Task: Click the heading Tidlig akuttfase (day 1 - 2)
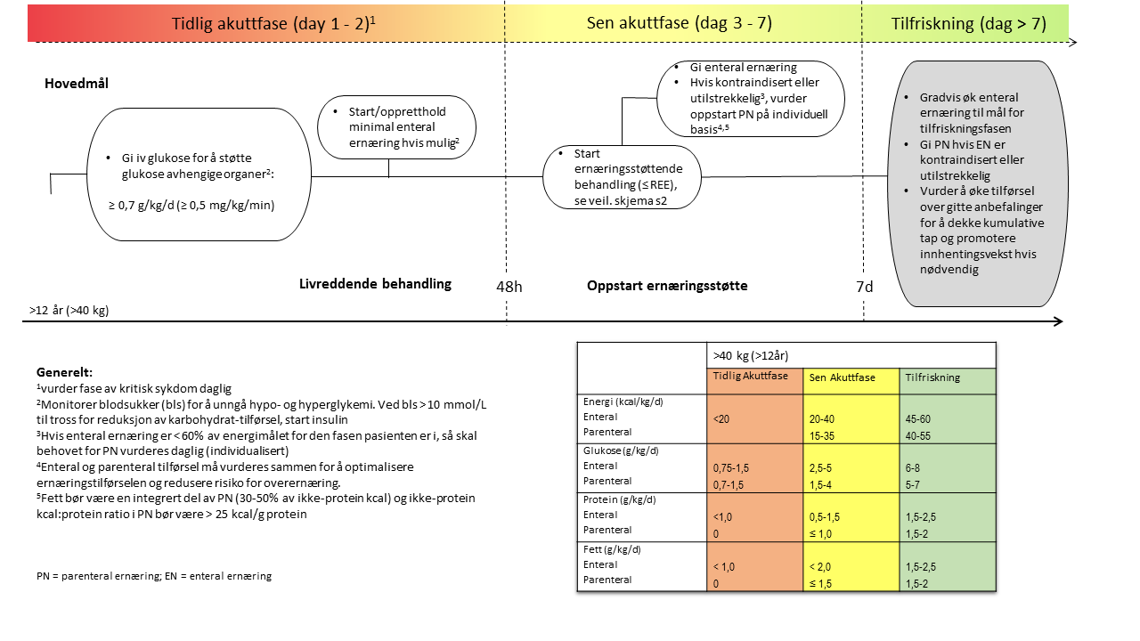273,24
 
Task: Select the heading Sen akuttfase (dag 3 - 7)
679,24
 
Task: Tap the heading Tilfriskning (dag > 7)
968,24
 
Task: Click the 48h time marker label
509,286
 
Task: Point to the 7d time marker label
864,286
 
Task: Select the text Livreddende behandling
375,284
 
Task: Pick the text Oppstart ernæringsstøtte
667,286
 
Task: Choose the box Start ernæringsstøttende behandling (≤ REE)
623,177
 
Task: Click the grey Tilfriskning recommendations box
973,183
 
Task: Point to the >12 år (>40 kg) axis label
69,311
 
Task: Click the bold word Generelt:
64,372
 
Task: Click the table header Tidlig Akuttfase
751,376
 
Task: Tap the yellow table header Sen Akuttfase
842,377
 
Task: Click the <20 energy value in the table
721,418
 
